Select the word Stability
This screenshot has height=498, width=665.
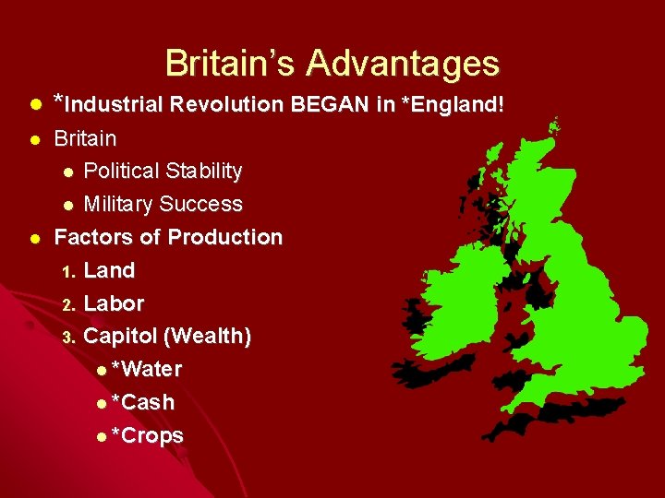pyautogui.click(x=201, y=172)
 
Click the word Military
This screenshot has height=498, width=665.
pyautogui.click(x=118, y=205)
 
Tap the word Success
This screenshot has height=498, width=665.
pyautogui.click(x=200, y=205)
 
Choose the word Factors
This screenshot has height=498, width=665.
pyautogui.click(x=92, y=238)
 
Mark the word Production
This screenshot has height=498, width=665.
pyautogui.click(x=224, y=238)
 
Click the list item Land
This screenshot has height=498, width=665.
pyautogui.click(x=109, y=271)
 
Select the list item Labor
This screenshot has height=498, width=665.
pyautogui.click(x=114, y=303)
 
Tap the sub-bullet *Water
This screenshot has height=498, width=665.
pyautogui.click(x=146, y=370)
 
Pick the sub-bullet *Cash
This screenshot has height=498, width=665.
pyautogui.click(x=142, y=403)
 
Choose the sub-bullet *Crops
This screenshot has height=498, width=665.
pyautogui.click(x=147, y=436)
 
